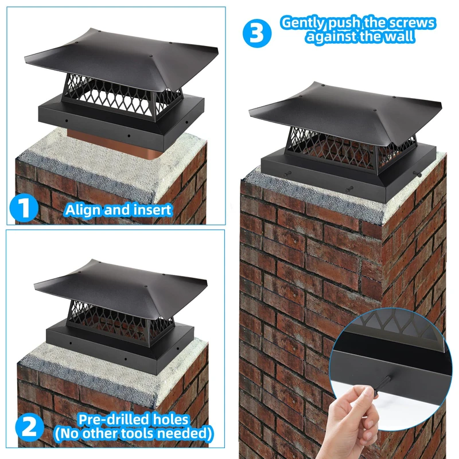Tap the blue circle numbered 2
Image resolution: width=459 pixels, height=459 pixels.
[x=30, y=427]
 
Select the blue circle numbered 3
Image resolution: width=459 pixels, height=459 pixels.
[x=257, y=33]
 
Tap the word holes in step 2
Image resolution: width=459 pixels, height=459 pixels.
[x=169, y=419]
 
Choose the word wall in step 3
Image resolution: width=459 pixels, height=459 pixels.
[x=400, y=37]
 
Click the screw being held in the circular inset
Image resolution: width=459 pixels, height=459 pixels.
[x=382, y=386]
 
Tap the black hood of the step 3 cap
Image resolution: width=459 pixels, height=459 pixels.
[x=345, y=114]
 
